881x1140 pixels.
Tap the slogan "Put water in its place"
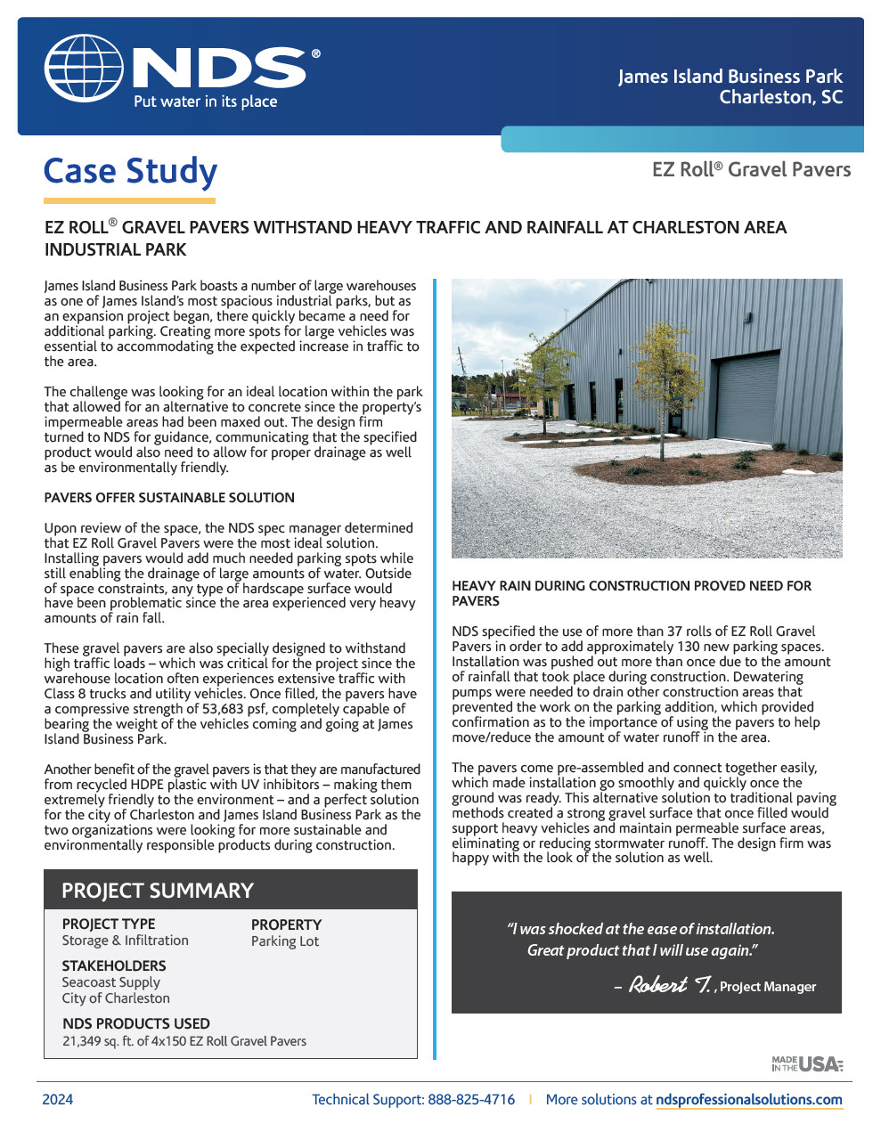point(205,102)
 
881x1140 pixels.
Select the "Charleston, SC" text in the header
point(780,97)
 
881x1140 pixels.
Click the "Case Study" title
point(130,171)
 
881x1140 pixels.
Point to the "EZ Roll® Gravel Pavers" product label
point(751,170)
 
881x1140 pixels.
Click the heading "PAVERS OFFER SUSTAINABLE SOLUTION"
point(169,498)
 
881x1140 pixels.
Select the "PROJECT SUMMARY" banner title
point(158,891)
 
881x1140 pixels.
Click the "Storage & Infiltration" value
point(125,940)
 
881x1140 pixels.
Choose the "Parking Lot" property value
point(285,941)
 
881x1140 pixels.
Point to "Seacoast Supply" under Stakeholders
point(110,982)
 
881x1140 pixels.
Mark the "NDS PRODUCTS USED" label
point(136,1024)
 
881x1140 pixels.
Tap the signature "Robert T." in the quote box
point(669,985)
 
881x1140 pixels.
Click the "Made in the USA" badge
point(807,1063)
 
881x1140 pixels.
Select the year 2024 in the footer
point(58,1100)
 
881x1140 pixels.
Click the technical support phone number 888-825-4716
point(471,1100)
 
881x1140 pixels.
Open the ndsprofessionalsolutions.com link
point(748,1100)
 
